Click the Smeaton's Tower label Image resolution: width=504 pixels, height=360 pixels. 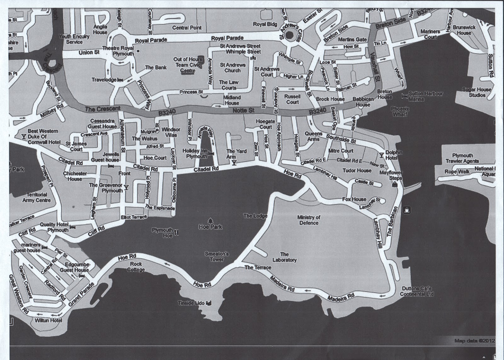click(x=217, y=257)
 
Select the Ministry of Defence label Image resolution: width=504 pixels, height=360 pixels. click(x=309, y=220)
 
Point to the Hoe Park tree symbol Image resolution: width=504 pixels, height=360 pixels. click(x=210, y=220)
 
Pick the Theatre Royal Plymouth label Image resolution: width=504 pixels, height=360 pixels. click(x=123, y=51)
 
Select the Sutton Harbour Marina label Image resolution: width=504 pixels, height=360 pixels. click(x=425, y=96)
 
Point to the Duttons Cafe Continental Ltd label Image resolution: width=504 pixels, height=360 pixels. click(x=416, y=291)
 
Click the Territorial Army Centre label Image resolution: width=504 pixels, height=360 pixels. click(x=37, y=197)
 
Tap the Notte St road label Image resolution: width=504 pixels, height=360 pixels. click(x=243, y=111)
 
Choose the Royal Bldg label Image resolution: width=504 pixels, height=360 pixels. click(x=265, y=24)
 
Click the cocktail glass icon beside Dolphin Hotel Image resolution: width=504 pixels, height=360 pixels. click(x=381, y=155)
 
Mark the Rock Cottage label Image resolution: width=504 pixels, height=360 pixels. click(x=136, y=267)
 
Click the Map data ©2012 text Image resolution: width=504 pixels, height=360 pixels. click(x=474, y=341)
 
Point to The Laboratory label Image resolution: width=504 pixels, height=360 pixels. click(x=284, y=257)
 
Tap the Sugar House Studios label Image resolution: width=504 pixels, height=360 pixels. click(x=477, y=92)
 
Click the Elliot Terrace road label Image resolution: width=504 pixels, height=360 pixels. click(x=134, y=217)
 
